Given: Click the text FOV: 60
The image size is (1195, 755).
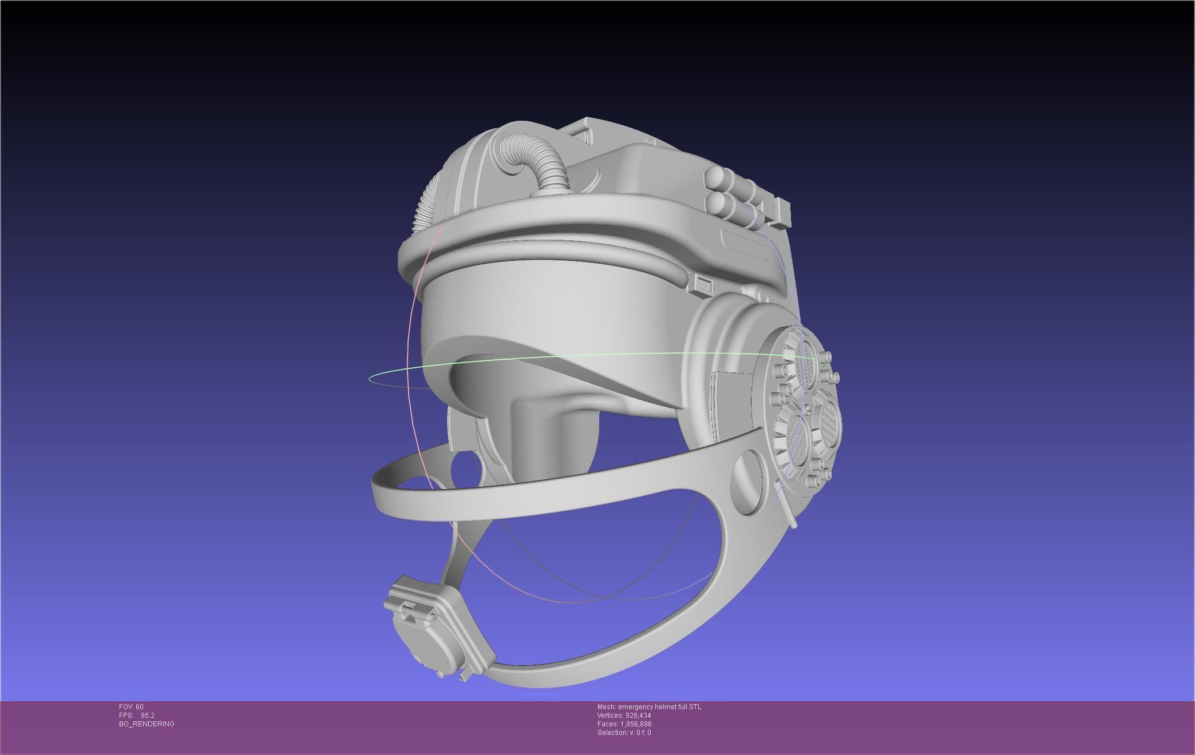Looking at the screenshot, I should click(131, 707).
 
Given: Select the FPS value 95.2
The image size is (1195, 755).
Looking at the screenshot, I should click(147, 716).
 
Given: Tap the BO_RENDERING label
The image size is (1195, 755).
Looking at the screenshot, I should click(147, 724).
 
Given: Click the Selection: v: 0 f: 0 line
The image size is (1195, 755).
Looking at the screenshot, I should click(624, 733).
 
